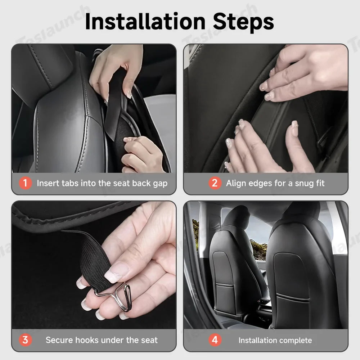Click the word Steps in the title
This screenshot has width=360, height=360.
(x=243, y=22)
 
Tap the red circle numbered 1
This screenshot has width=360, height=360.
(x=25, y=183)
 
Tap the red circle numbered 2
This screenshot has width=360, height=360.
(x=215, y=183)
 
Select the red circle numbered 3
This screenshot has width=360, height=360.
(x=25, y=340)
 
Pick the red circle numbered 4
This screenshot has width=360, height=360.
(x=215, y=340)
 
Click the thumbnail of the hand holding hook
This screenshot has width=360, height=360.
(x=94, y=265)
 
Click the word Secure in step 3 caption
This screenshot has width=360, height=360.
(x=60, y=340)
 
